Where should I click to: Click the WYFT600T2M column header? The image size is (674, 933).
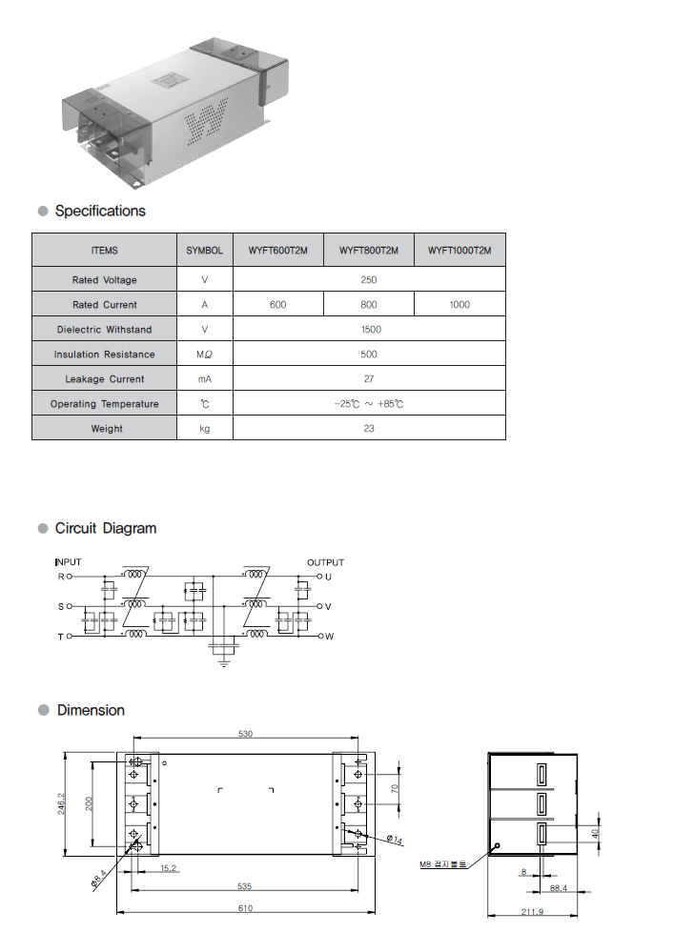click(x=277, y=251)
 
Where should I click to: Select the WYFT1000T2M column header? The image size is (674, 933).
click(x=460, y=251)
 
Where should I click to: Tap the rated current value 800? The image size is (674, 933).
click(x=369, y=305)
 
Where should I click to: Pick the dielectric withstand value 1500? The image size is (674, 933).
click(x=371, y=330)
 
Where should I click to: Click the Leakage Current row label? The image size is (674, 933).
click(x=105, y=379)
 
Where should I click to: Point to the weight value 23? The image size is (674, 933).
click(x=369, y=429)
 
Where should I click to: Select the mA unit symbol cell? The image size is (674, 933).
click(x=204, y=379)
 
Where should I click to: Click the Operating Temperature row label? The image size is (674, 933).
click(x=105, y=404)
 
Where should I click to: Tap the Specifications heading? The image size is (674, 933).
click(x=100, y=211)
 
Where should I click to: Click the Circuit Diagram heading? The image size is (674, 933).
click(x=105, y=528)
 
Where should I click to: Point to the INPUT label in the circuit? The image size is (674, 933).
click(x=69, y=562)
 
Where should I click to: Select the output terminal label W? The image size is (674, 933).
click(x=329, y=636)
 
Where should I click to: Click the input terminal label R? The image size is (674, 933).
click(x=62, y=577)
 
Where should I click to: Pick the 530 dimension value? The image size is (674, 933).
click(x=245, y=733)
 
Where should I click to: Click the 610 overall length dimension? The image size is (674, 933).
click(x=245, y=908)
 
